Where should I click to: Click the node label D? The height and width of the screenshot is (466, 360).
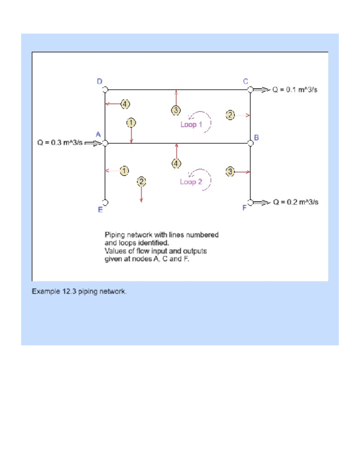(x=100, y=81)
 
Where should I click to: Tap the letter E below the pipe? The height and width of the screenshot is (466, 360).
(x=100, y=210)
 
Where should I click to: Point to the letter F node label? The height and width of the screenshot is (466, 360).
(x=244, y=208)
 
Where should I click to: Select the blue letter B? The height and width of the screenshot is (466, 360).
(x=256, y=138)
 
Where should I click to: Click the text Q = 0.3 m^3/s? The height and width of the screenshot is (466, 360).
(x=58, y=143)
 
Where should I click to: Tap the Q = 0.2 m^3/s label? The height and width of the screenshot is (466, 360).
(x=296, y=202)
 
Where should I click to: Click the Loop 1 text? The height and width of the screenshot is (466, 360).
(x=192, y=125)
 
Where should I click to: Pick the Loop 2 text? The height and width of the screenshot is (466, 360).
(x=192, y=182)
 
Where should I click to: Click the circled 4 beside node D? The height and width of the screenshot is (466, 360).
(x=125, y=103)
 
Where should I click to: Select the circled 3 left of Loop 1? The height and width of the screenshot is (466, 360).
(x=176, y=110)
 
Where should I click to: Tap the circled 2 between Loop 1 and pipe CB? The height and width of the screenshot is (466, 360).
(x=230, y=115)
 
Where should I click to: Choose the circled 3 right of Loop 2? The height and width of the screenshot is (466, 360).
(x=230, y=172)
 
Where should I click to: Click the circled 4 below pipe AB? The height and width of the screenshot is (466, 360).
(x=176, y=163)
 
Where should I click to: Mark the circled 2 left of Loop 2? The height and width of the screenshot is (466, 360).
(x=142, y=181)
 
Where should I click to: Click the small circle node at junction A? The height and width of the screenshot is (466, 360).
(x=105, y=144)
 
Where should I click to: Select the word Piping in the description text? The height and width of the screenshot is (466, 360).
(x=116, y=234)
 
